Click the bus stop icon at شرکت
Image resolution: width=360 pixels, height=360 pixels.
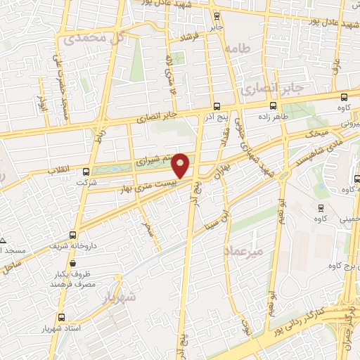click(x=86, y=171)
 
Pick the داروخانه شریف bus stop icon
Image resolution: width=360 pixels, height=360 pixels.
click(x=72, y=236)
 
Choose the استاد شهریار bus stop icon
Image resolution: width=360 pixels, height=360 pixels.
click(x=62, y=317)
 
